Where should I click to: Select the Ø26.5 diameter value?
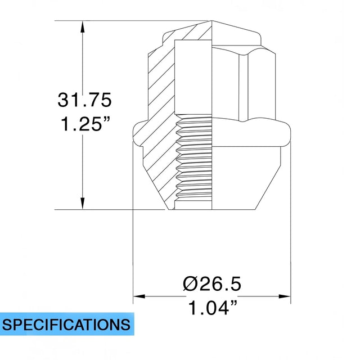click(x=211, y=284)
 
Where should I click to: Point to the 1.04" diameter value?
click(x=211, y=308)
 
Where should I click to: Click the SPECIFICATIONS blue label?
click(x=66, y=325)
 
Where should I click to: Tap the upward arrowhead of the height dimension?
click(x=83, y=26)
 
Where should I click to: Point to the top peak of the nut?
click(x=212, y=22)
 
